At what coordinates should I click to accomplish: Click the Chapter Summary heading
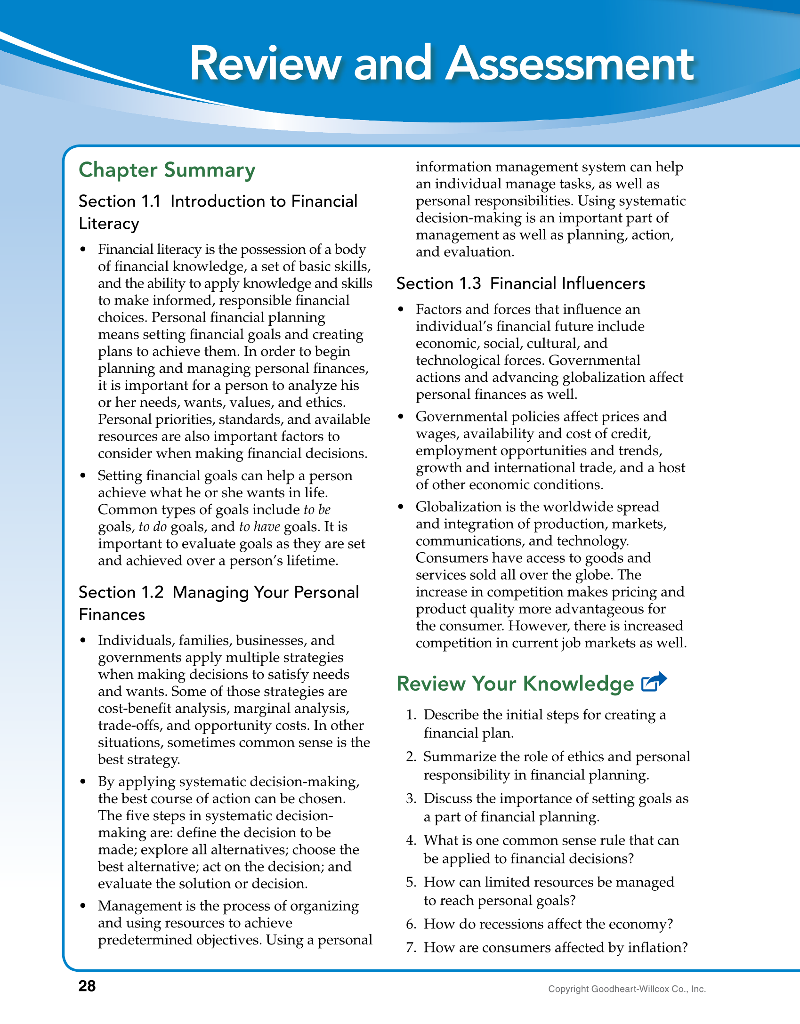click(x=167, y=170)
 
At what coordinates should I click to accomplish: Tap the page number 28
click(x=87, y=986)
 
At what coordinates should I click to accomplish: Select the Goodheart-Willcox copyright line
click(x=627, y=989)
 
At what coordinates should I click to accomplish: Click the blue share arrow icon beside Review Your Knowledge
click(x=654, y=682)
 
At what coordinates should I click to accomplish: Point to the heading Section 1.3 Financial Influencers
click(x=520, y=283)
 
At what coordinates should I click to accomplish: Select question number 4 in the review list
click(x=411, y=840)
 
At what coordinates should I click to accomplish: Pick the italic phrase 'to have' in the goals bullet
click(x=259, y=526)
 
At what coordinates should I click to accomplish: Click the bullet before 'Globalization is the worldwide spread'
click(x=401, y=507)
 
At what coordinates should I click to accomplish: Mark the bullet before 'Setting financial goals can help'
click(x=83, y=476)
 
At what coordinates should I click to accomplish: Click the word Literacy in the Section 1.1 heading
click(x=109, y=224)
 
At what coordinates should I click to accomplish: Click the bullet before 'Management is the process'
click(x=83, y=906)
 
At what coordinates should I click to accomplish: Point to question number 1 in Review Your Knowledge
click(x=411, y=715)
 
